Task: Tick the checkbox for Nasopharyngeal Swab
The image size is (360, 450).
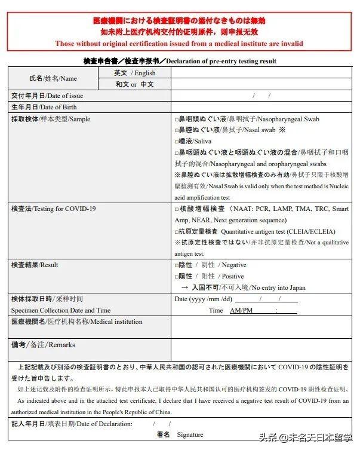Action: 177,120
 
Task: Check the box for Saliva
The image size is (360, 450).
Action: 177,141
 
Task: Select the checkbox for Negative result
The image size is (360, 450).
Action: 177,265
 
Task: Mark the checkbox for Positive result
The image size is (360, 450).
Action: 177,277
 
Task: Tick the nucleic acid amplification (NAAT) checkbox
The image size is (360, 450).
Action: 177,209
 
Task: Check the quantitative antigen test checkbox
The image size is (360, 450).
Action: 177,232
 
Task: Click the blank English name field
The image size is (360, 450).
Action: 261,73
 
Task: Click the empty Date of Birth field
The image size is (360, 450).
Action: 261,107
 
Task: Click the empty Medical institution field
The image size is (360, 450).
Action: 261,327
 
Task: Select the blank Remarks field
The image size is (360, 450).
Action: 261,350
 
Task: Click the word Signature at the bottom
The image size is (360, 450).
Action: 190,434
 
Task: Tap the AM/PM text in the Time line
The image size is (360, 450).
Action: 241,311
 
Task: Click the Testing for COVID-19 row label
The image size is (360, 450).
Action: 53,209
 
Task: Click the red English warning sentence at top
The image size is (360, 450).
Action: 179,44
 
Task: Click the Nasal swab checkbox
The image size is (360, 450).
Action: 177,130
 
